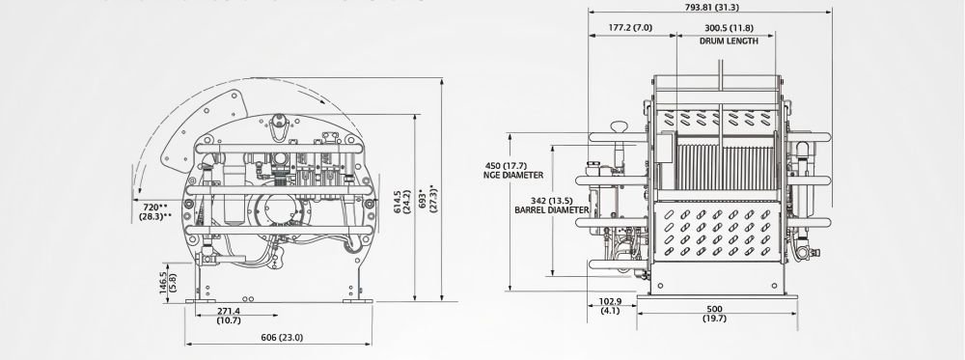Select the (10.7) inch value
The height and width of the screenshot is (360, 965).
229,322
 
